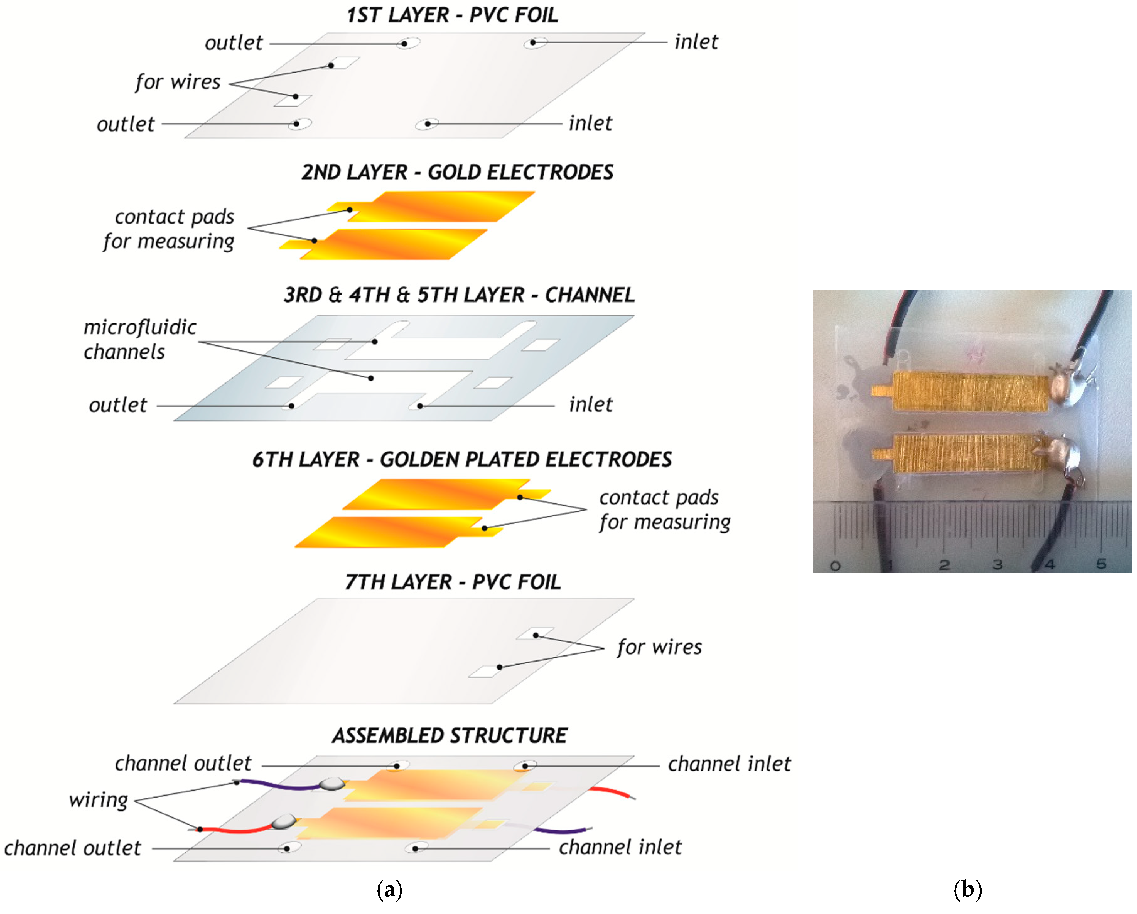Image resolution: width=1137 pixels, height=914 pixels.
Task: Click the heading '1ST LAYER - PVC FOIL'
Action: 452,15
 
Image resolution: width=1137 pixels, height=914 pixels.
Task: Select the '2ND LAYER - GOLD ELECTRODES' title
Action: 457,172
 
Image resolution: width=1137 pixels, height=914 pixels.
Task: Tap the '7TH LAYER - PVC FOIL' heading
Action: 452,582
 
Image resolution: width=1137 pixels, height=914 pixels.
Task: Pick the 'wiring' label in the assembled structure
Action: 99,799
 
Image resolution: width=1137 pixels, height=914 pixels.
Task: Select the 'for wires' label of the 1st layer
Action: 178,82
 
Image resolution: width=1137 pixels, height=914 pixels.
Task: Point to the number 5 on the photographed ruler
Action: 1101,563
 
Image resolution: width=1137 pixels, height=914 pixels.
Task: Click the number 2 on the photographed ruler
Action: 944,564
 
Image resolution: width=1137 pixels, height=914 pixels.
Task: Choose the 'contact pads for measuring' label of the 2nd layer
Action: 169,229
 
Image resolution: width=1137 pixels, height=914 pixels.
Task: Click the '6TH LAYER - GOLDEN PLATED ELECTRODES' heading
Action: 462,459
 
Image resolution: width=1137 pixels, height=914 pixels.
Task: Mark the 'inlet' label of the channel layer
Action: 591,404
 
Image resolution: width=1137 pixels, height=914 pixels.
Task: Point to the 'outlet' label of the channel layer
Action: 118,405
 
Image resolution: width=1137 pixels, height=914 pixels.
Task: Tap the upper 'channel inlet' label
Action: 729,764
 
